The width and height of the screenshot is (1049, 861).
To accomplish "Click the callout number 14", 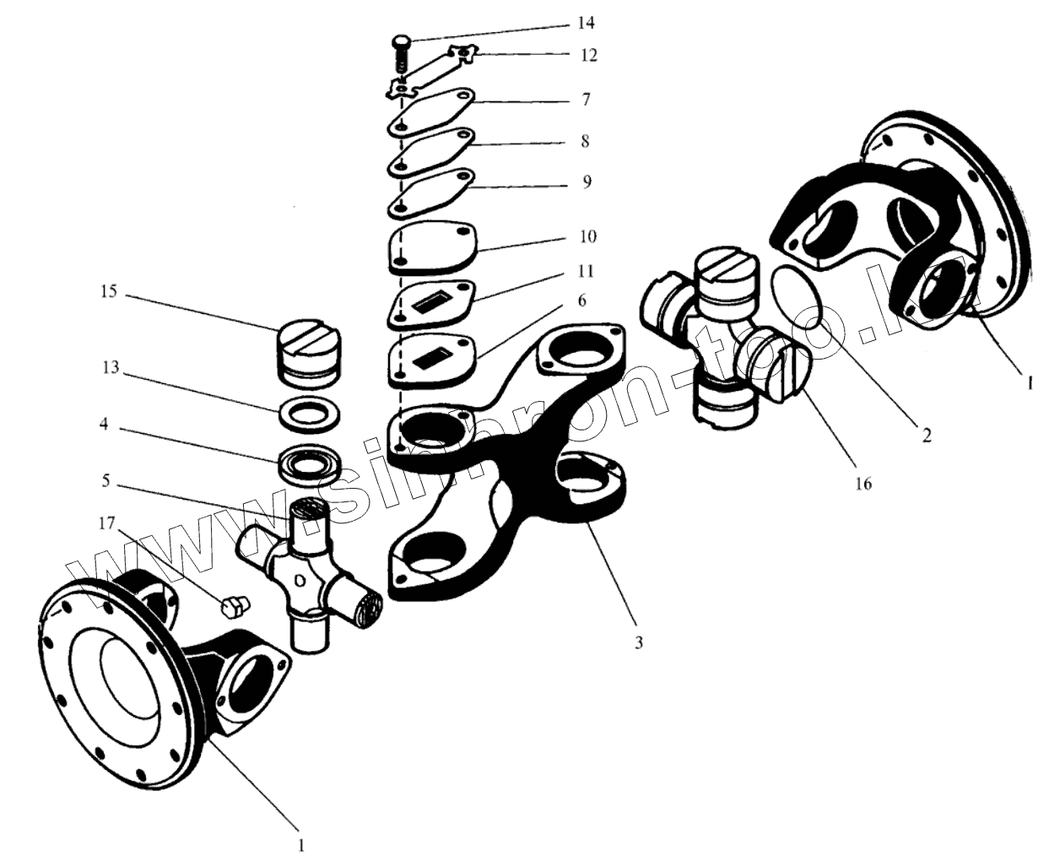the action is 598,21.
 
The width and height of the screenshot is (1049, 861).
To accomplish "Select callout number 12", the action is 589,55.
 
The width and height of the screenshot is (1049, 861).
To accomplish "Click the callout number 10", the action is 588,236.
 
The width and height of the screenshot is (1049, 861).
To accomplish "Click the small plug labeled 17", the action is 232,606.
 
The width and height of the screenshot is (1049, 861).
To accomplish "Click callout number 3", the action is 639,643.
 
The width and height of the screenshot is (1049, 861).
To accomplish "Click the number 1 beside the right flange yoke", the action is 1028,382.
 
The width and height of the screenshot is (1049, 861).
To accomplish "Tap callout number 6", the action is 581,301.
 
